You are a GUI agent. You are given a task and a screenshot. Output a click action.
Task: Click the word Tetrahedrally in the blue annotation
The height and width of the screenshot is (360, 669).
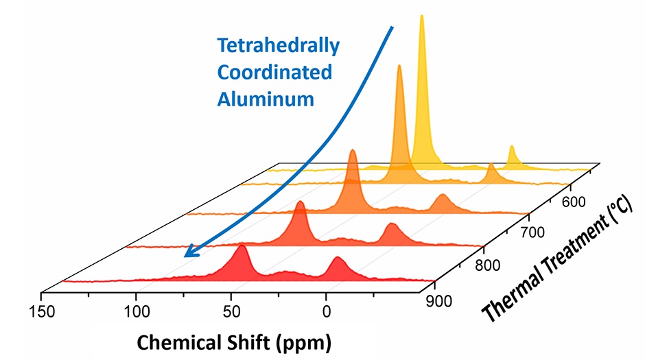[x=278, y=46]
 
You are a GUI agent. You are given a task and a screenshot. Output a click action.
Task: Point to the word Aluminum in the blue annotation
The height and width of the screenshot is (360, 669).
[x=266, y=98]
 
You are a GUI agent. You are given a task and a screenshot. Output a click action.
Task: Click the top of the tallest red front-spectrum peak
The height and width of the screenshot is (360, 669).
[x=241, y=246]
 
